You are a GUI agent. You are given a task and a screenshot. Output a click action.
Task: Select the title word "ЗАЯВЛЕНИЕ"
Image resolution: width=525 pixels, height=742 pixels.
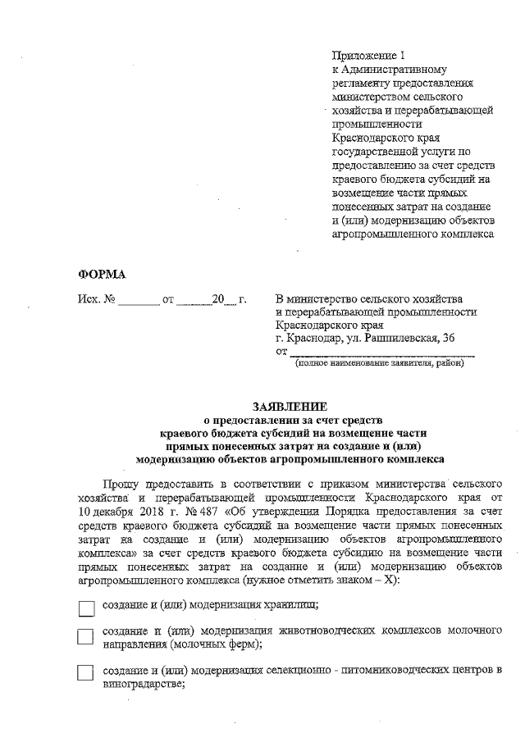pos(290,406)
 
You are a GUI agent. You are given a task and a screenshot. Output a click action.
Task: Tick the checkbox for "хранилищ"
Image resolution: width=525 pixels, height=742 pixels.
pos(86,608)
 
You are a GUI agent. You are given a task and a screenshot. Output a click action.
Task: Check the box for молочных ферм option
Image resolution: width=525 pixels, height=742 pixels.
pos(86,638)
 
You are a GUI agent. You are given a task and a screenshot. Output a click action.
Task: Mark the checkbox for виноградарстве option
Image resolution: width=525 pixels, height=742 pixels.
pos(86,673)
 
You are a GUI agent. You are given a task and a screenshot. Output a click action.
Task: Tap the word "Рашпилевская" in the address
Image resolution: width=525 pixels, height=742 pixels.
pos(395,338)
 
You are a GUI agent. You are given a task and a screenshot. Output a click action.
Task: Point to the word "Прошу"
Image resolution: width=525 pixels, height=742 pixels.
pos(121,485)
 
